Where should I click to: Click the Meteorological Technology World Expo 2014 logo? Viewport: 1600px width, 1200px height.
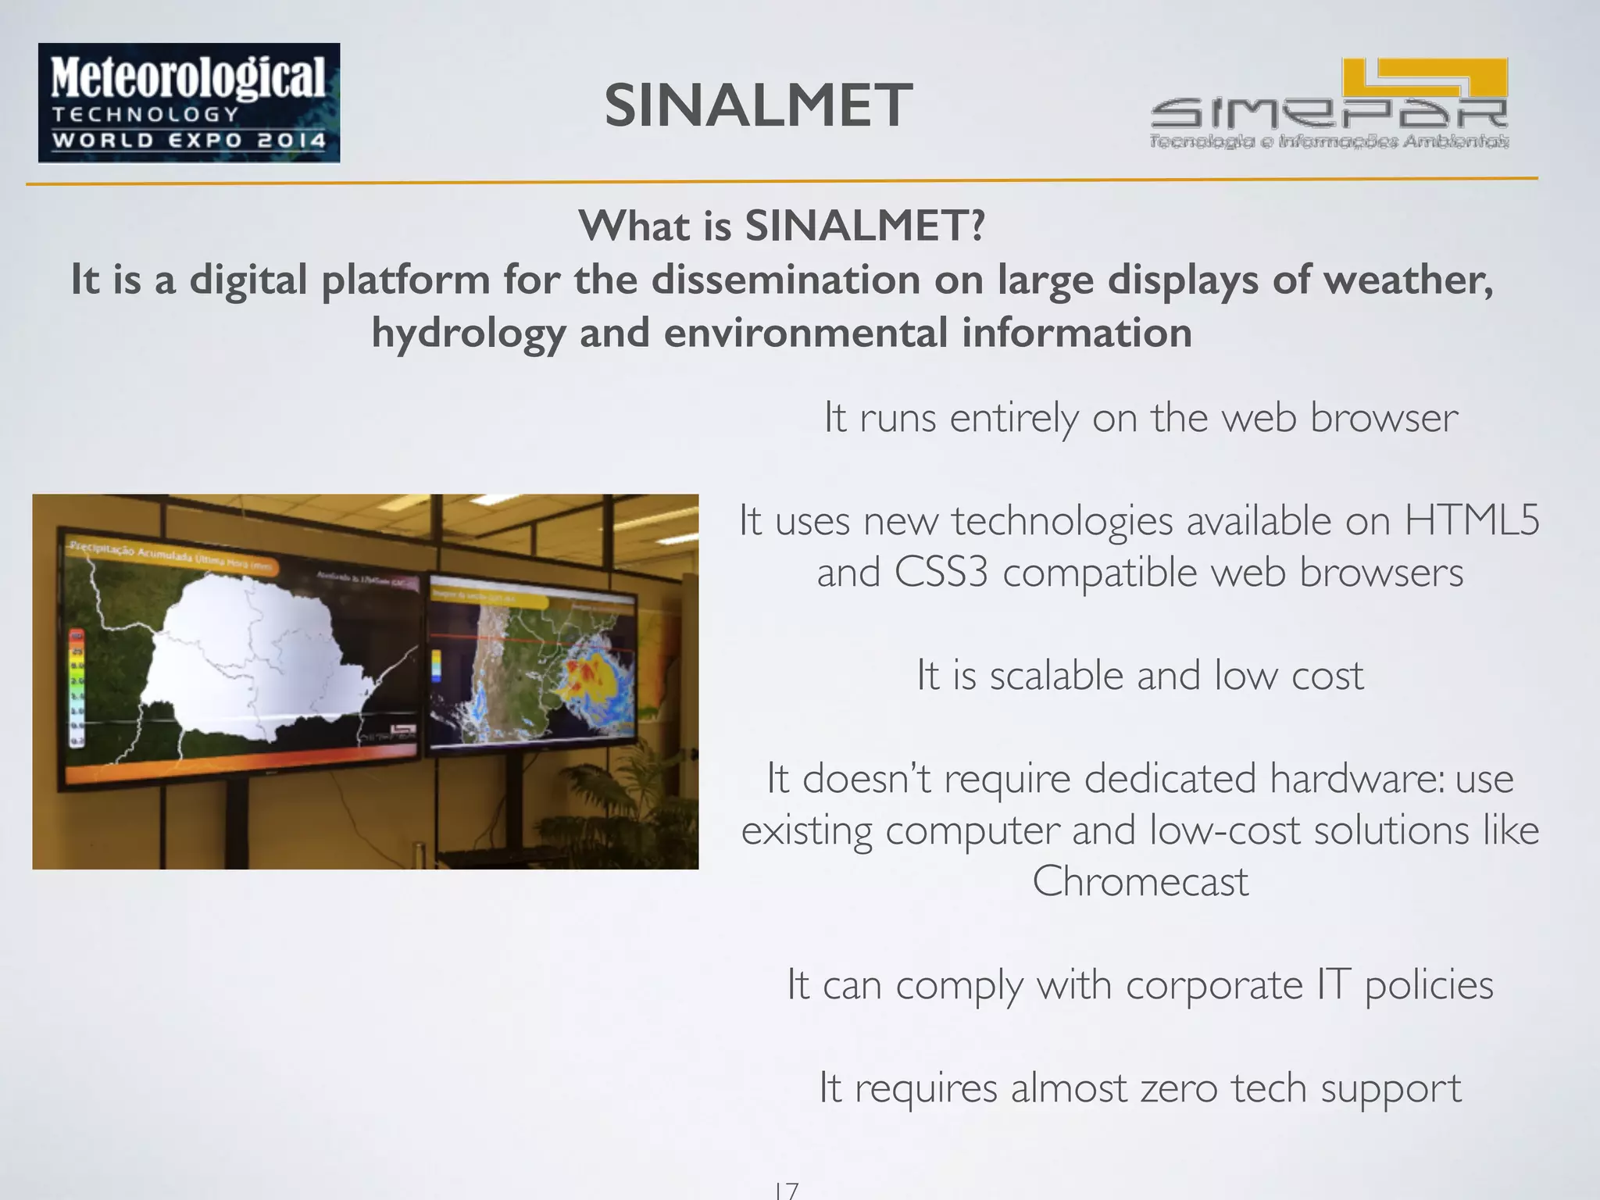coord(189,102)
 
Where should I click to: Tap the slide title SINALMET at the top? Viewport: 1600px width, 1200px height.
coord(758,106)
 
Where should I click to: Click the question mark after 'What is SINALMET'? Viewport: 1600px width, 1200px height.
coord(976,227)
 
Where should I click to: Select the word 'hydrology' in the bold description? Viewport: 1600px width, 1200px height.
coord(468,334)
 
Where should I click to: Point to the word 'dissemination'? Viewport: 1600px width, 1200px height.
coord(786,280)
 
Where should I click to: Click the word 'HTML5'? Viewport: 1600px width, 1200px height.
coord(1472,520)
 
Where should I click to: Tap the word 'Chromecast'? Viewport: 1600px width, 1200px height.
coord(1140,882)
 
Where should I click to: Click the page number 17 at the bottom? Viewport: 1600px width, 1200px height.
coord(786,1190)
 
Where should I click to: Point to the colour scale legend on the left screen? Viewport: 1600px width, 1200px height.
coord(77,687)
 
